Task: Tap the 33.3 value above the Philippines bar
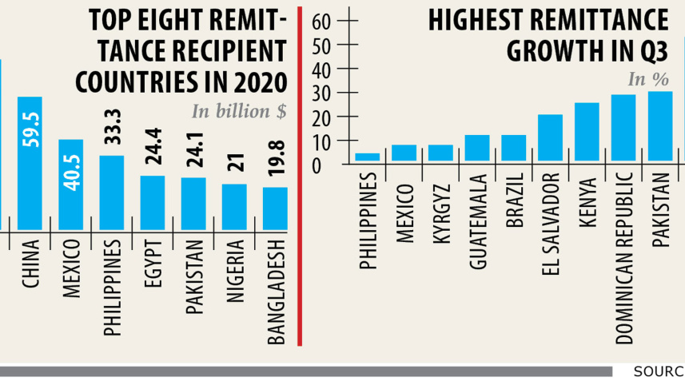[x=112, y=128]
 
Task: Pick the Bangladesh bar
[x=275, y=208]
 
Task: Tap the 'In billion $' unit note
[x=238, y=112]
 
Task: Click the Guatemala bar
[x=477, y=149]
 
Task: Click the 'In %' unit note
[x=648, y=79]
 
